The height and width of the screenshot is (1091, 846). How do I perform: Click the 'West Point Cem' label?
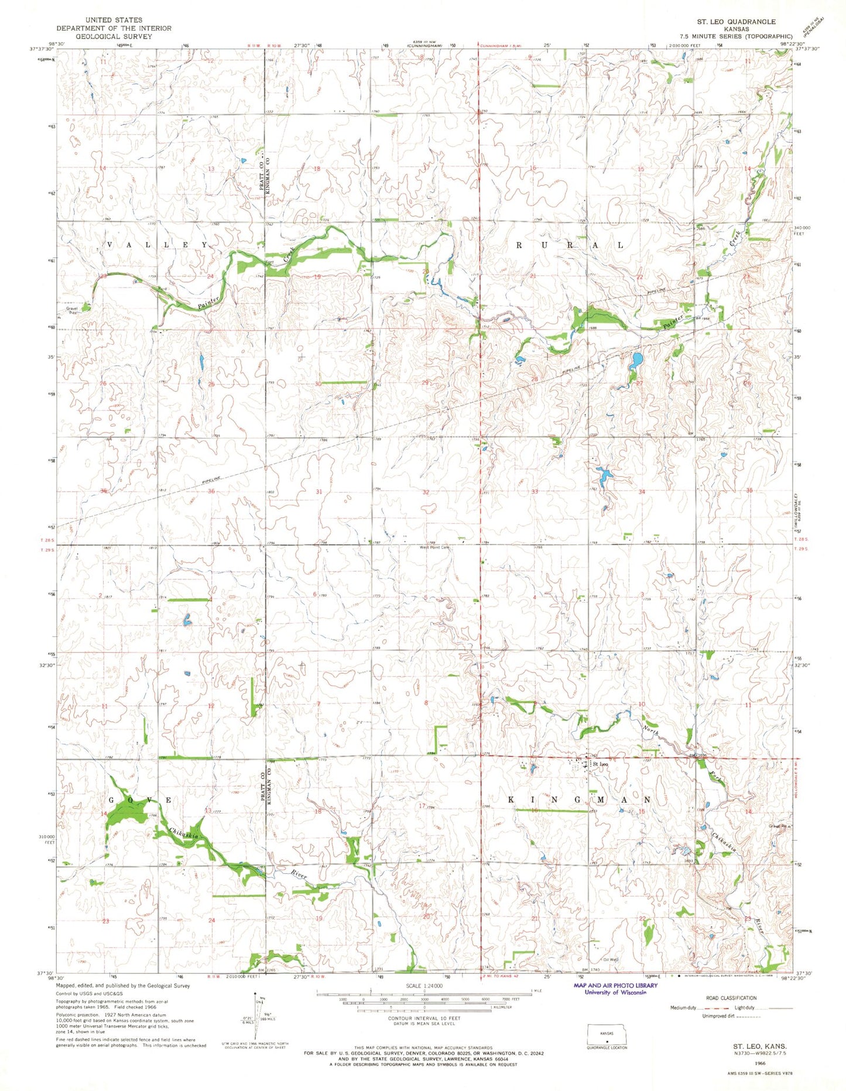(x=433, y=548)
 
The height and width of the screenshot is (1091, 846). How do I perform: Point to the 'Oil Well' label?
(x=611, y=959)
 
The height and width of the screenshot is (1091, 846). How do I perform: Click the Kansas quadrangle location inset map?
(x=607, y=1036)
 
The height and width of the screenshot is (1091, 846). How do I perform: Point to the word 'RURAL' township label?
(x=569, y=245)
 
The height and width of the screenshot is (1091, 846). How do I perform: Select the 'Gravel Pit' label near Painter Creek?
(x=72, y=310)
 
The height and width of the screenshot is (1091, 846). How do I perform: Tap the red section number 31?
(x=318, y=492)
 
